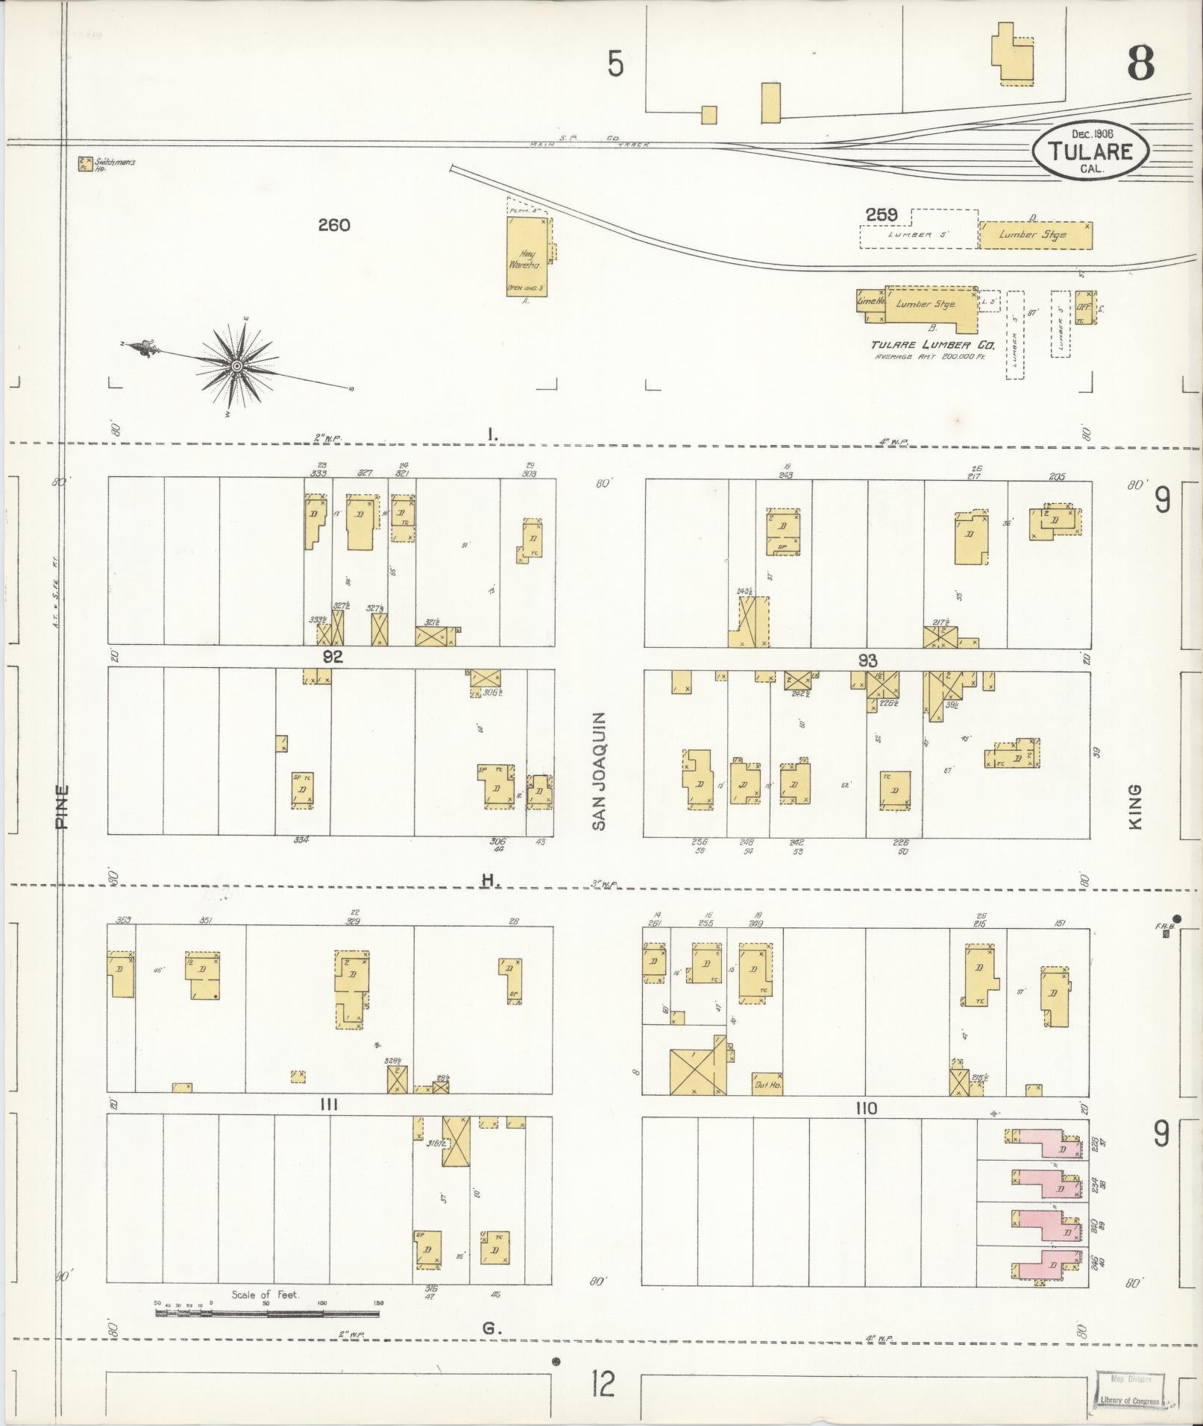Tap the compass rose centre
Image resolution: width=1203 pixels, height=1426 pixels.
click(236, 366)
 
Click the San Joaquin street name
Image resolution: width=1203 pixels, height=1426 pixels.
click(599, 772)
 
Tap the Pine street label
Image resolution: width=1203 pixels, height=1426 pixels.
click(62, 807)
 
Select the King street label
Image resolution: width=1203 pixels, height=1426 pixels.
click(1135, 807)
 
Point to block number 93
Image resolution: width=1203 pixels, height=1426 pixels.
click(867, 660)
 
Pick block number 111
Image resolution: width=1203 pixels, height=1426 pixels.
click(328, 1105)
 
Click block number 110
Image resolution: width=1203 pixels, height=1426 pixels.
click(866, 1108)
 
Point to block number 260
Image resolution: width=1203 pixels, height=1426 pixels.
click(333, 224)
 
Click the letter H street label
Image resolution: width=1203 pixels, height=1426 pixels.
click(489, 881)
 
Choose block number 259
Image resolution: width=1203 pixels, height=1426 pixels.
click(881, 215)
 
